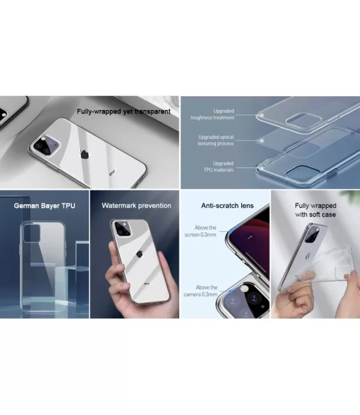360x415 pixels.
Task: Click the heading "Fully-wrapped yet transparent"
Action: coord(123,111)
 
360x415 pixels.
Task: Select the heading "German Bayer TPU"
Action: coord(44,205)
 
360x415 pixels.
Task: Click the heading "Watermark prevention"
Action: coord(136,205)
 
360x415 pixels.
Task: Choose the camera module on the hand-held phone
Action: coord(122,228)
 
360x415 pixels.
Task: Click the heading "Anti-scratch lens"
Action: coord(227,205)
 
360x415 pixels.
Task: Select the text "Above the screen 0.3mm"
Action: coord(206,231)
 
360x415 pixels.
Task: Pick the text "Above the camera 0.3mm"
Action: coord(206,291)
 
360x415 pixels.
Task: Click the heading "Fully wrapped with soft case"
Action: coord(315,210)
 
